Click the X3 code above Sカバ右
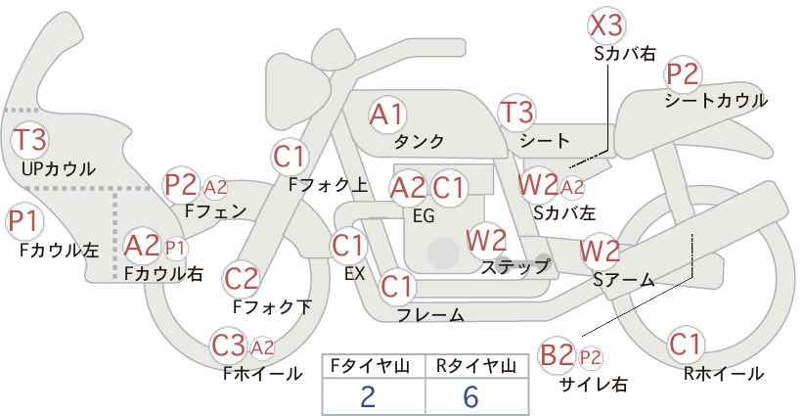point(607,25)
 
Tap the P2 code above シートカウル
point(683,74)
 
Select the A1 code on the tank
point(386,115)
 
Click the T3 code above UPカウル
point(29,140)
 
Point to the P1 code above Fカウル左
point(23,222)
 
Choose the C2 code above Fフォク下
point(242,279)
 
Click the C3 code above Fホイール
point(229,346)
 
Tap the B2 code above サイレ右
point(557,355)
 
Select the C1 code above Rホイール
point(685,345)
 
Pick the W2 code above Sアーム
point(600,251)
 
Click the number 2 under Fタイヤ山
point(368,396)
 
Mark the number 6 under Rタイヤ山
point(470,396)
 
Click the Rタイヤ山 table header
point(477,366)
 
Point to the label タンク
point(419,141)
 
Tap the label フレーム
point(431,314)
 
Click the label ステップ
point(514,267)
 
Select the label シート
point(545,141)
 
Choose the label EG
point(424,216)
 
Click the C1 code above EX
point(348,247)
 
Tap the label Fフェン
point(215,211)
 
